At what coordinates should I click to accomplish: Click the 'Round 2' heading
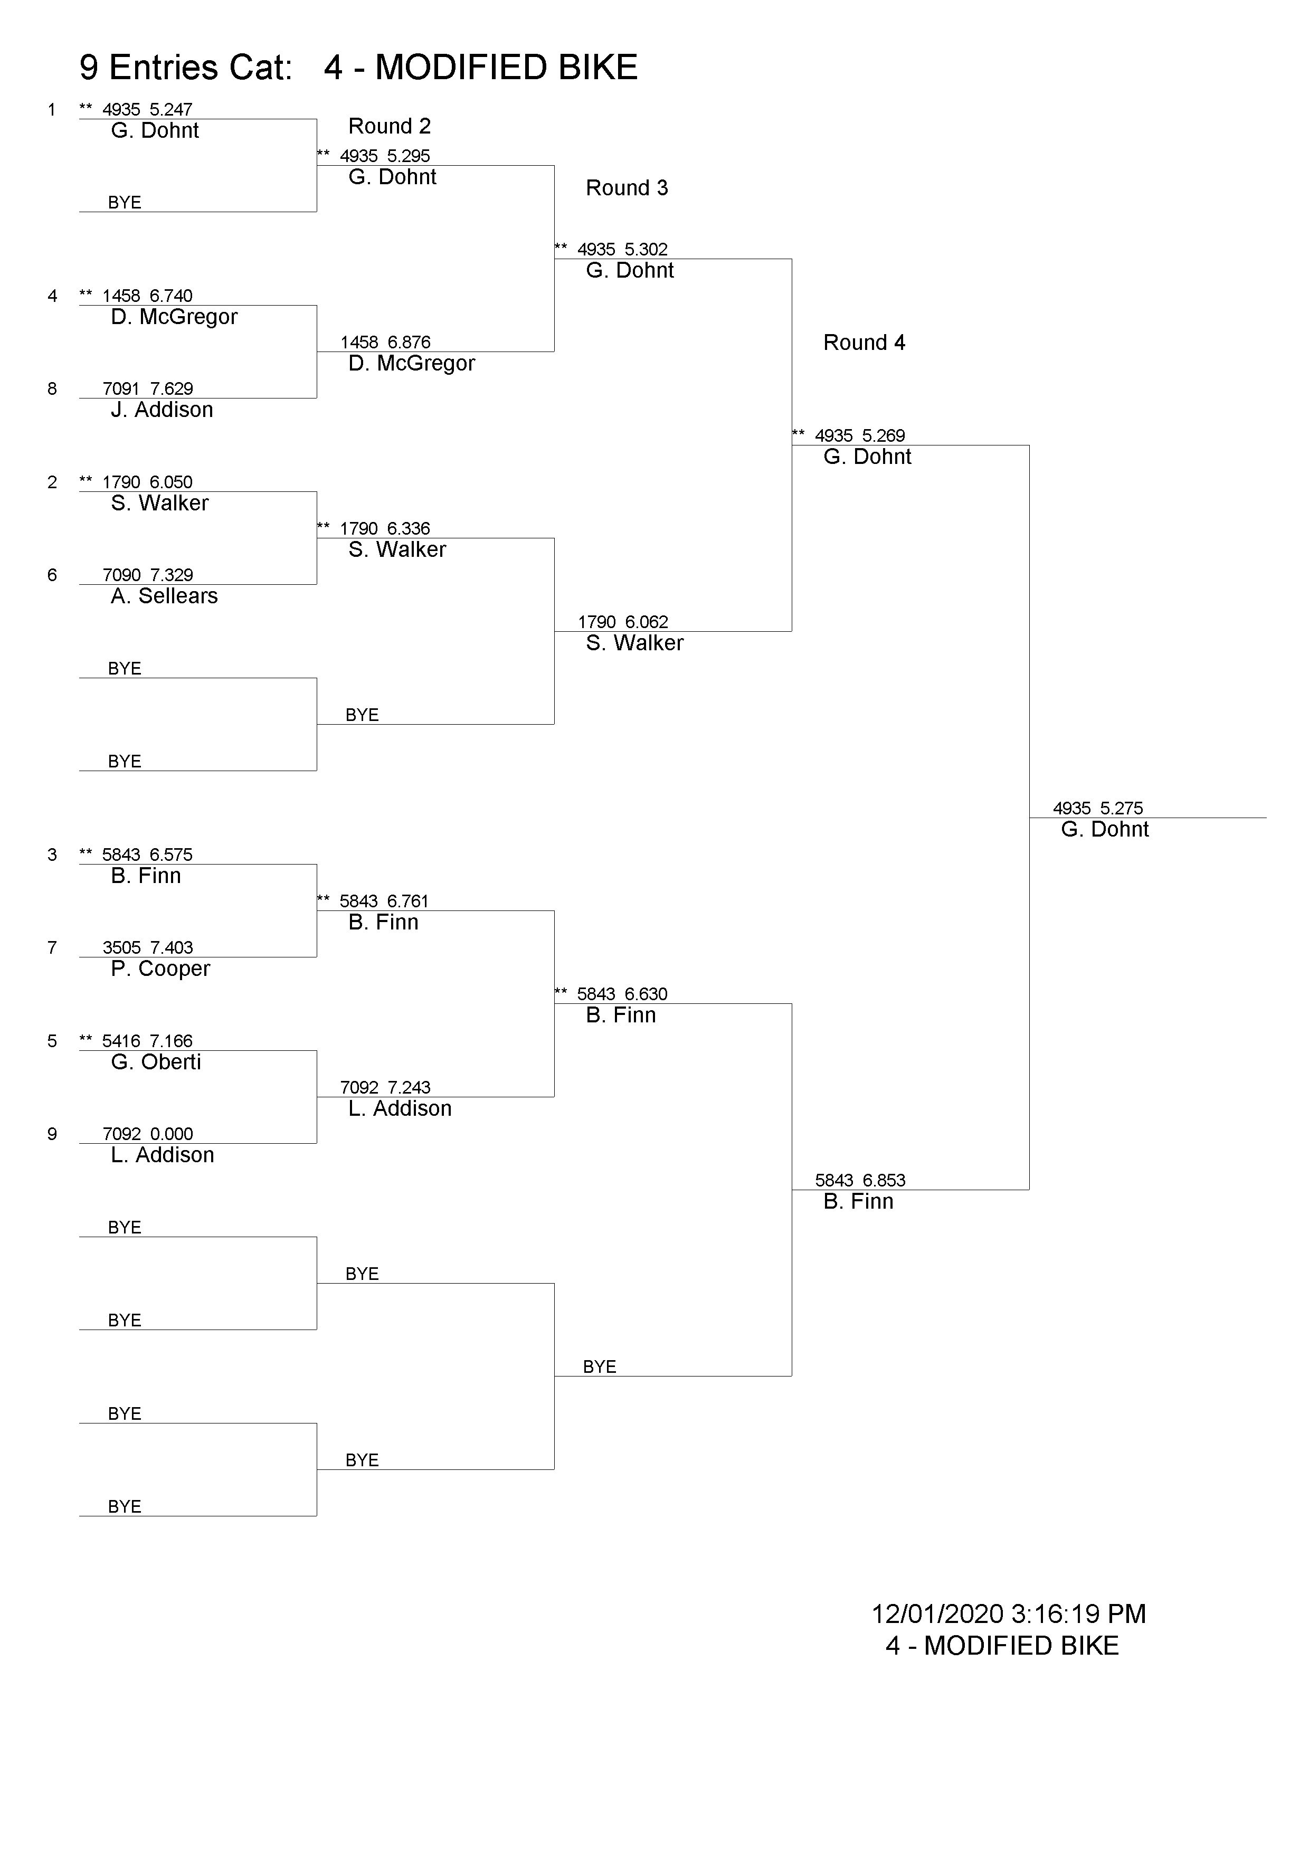point(390,127)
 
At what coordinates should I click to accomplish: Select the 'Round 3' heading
point(627,188)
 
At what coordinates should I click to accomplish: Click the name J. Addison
point(162,410)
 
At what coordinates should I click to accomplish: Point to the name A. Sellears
point(165,596)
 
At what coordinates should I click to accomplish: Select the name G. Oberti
point(156,1062)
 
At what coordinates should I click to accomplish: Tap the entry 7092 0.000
point(147,1134)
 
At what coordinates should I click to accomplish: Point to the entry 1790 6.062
point(623,622)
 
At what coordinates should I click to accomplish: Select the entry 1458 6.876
point(385,342)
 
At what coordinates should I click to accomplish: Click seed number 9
point(52,1134)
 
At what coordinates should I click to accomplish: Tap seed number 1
point(52,110)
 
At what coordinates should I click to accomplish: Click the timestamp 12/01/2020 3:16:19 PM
point(1008,1614)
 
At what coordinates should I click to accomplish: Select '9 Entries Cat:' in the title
point(185,68)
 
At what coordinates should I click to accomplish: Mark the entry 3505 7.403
point(147,947)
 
